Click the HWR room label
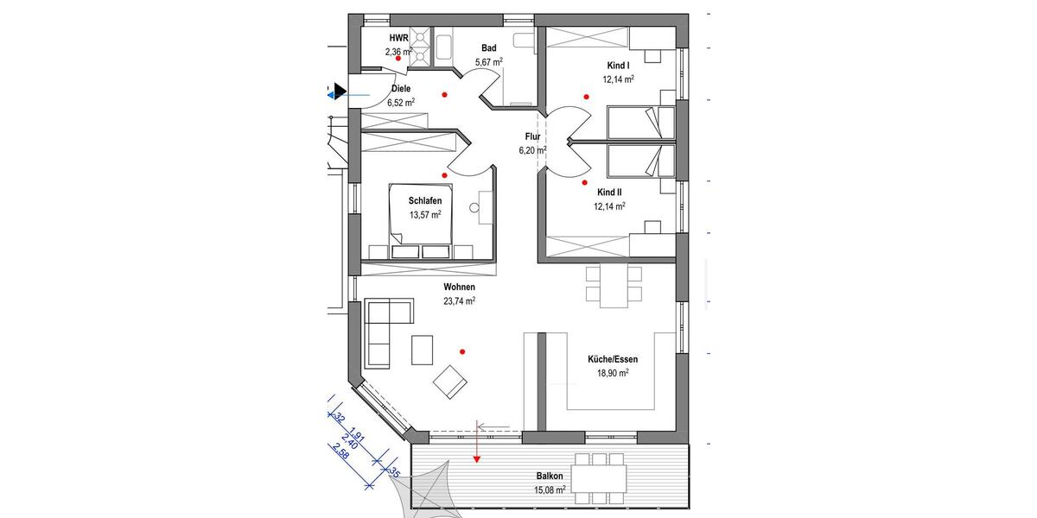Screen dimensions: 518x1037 398,39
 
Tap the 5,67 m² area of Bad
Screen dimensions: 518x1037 489,62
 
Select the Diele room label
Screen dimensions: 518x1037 401,89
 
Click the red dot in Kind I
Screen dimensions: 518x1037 588,98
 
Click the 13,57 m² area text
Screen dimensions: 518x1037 425,215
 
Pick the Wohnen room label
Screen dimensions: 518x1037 459,287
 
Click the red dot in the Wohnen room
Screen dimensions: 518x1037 463,351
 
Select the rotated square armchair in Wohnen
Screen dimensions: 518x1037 451,382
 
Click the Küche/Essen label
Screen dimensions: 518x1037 610,359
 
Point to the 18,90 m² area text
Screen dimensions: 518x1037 610,373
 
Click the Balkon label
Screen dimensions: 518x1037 549,477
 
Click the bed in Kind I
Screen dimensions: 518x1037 639,123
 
